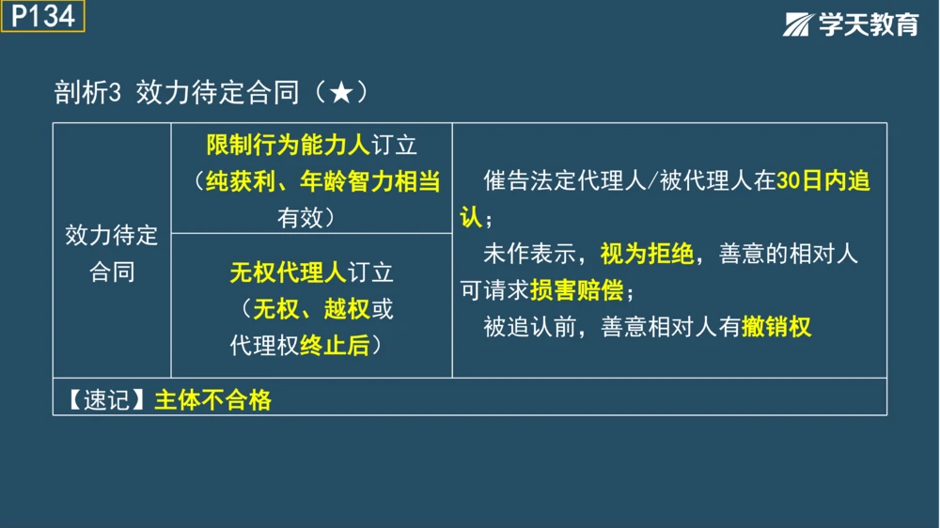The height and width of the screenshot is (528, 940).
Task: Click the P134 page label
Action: coord(42,16)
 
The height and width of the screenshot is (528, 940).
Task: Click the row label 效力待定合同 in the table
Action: coord(112,253)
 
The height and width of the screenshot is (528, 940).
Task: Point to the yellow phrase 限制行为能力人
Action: coord(289,146)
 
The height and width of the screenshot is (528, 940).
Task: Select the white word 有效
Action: coord(300,218)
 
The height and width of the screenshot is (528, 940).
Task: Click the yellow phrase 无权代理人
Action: coord(288,272)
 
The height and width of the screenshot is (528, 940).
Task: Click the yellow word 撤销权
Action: coord(775,327)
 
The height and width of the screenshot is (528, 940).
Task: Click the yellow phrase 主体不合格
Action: coord(212,400)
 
